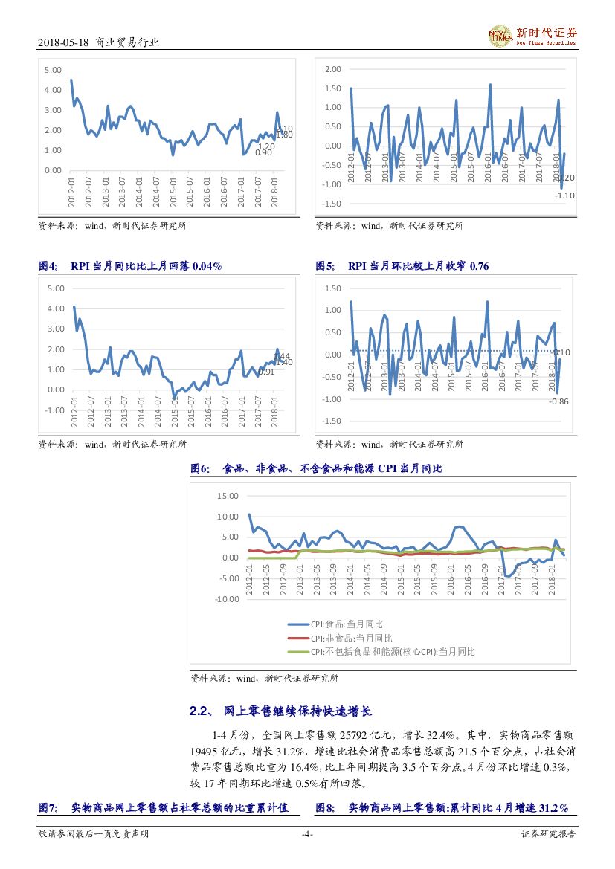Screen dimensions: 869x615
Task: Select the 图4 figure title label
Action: pos(48,265)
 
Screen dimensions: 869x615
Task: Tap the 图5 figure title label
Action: pos(325,265)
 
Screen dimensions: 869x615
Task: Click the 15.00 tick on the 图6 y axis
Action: pos(227,496)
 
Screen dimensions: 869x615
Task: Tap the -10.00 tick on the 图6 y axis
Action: pos(225,599)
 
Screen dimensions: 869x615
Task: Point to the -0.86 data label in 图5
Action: pos(558,401)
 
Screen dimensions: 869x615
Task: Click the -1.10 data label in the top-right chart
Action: pos(564,196)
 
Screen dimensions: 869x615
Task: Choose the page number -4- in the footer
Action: pos(307,834)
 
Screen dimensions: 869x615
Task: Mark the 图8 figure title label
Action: pos(325,807)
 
